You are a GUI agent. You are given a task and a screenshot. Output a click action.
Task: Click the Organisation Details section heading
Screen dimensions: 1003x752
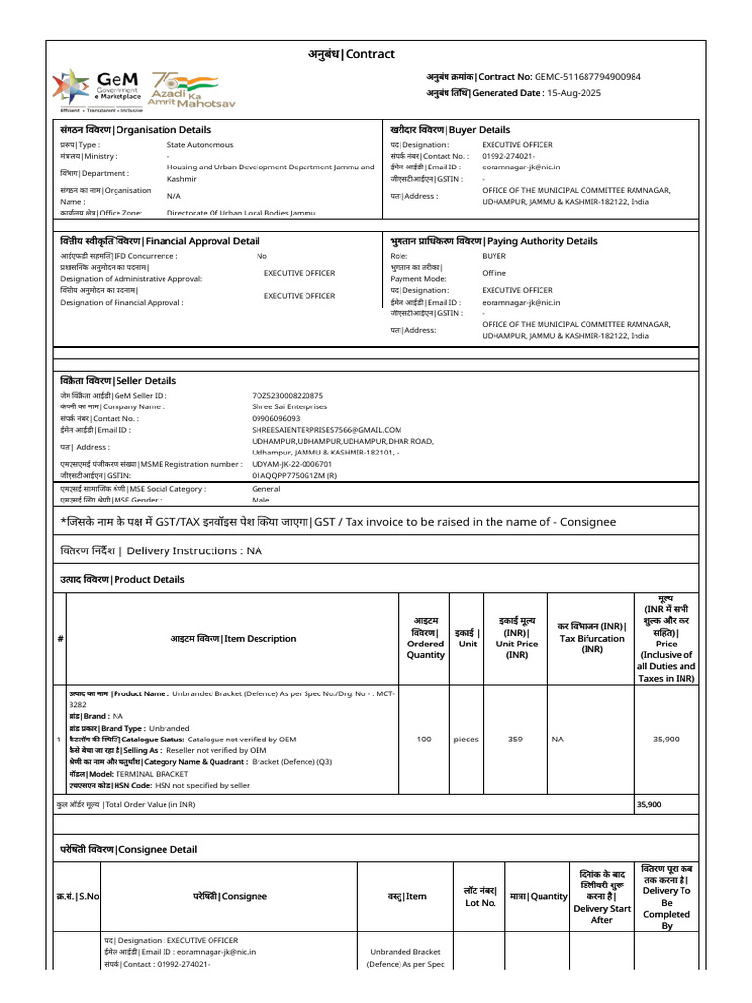click(x=135, y=130)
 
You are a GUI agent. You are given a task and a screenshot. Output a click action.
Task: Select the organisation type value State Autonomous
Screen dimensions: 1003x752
click(x=200, y=145)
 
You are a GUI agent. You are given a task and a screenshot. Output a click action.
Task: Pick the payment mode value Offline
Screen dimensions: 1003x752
click(x=493, y=273)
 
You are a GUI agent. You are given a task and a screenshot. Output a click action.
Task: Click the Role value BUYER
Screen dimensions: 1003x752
click(x=493, y=256)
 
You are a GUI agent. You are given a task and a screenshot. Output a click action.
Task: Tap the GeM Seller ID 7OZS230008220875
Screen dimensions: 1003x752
click(x=287, y=396)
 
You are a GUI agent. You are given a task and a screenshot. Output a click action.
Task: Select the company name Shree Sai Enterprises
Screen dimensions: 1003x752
click(x=289, y=406)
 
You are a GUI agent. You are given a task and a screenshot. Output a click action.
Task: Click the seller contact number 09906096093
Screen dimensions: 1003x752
click(x=276, y=418)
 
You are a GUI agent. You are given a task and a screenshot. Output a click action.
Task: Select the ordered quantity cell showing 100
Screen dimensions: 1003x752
click(x=424, y=740)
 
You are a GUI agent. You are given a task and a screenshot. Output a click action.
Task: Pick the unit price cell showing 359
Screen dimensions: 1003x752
click(x=515, y=740)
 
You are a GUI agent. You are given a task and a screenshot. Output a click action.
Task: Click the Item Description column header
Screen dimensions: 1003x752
click(x=232, y=639)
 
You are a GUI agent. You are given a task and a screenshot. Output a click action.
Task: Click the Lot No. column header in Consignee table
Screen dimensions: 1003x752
click(x=481, y=896)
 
